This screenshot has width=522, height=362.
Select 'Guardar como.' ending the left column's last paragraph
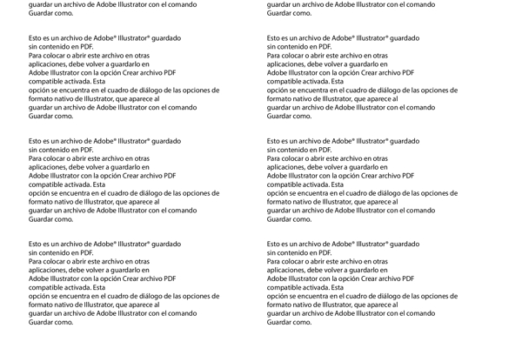[x=50, y=322]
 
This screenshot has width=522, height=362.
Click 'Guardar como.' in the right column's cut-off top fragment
[x=289, y=13]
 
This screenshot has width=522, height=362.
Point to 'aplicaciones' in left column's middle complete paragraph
[x=49, y=167]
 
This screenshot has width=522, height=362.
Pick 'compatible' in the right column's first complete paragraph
[x=284, y=82]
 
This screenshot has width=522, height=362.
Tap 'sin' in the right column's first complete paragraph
[x=272, y=48]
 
